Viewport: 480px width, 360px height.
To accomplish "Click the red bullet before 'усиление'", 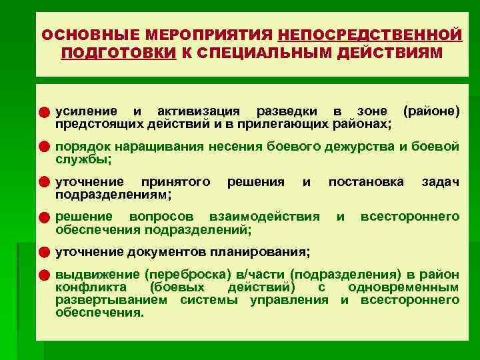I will (x=44, y=111).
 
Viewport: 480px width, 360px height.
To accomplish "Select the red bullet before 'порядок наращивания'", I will (x=44, y=146).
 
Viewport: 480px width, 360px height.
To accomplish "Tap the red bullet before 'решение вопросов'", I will (x=44, y=217).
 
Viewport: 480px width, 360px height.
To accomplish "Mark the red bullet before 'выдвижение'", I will (x=44, y=275).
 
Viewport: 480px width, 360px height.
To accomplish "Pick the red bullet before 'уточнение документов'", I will (x=44, y=253).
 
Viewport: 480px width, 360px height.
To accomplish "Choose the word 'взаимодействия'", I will (x=264, y=217).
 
